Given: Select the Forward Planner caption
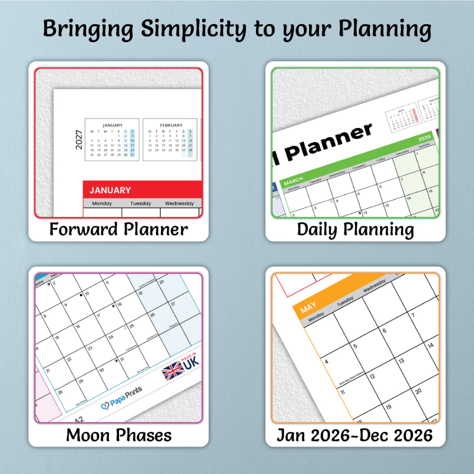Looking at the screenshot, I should click(118, 229).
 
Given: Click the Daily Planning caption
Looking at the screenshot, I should click(355, 229).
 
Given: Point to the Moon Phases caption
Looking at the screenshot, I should click(118, 435).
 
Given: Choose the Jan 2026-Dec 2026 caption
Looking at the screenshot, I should click(355, 435).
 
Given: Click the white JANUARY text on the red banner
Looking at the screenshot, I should click(110, 190).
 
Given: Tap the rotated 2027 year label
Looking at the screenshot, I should click(79, 140).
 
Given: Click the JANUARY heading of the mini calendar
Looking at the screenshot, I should click(112, 125).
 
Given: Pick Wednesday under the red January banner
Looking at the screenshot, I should click(180, 203).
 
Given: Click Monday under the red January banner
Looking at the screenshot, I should click(102, 203).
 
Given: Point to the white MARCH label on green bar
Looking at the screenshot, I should click(293, 182).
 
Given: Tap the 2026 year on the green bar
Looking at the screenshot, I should click(424, 139).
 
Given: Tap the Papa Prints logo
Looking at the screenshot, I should click(122, 400).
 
